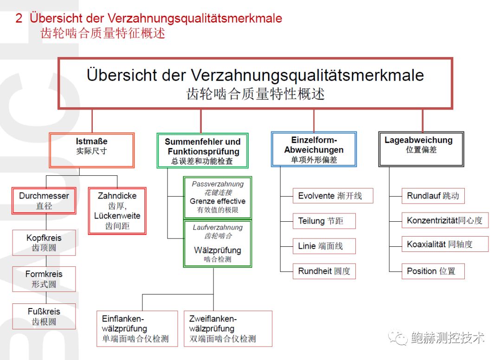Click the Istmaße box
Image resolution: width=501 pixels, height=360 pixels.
[x=92, y=150]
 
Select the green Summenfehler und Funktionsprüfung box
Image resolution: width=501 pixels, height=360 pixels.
[x=203, y=150]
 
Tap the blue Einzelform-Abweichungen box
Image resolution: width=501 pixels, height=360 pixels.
[x=314, y=149]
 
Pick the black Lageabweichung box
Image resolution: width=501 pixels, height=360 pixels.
[x=421, y=149]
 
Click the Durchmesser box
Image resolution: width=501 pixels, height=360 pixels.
[x=44, y=200]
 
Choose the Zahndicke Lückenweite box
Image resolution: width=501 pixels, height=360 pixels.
[x=117, y=211]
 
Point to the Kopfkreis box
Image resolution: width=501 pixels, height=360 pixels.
[x=44, y=243]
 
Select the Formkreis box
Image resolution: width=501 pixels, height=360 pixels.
[x=44, y=279]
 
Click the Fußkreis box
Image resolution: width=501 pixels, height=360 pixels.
[x=44, y=316]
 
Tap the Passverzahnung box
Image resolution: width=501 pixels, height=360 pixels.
[x=218, y=198]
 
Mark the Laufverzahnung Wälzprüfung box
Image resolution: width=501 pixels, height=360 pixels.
[x=218, y=244]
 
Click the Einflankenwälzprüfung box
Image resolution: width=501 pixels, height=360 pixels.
[x=137, y=329]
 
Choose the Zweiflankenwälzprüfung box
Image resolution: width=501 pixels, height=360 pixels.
[x=228, y=329]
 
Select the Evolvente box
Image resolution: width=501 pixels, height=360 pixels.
[x=333, y=196]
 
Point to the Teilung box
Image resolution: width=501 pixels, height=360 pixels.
[x=324, y=221]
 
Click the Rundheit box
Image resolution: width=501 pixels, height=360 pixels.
[x=324, y=271]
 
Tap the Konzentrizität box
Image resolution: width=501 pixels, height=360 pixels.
[x=445, y=220]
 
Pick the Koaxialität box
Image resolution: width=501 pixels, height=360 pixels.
[x=445, y=244]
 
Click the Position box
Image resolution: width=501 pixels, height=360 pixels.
[x=433, y=271]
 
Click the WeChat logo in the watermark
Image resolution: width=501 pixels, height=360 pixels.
[x=398, y=337]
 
